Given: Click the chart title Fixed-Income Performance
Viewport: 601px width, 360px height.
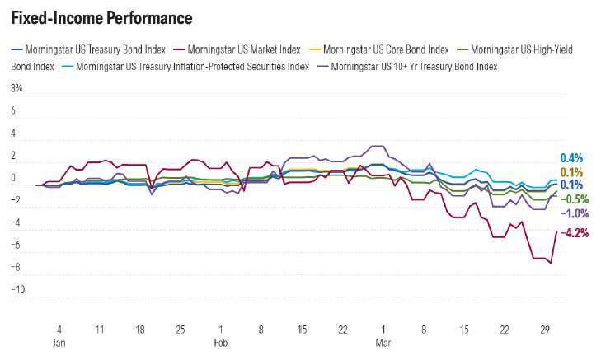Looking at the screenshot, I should tap(101, 17).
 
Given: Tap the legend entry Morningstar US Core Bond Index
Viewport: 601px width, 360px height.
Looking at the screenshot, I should tap(387, 49).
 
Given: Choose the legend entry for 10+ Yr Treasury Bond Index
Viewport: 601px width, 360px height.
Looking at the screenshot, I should tap(414, 66).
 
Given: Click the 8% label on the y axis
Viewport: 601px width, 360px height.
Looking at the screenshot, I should tap(16, 87).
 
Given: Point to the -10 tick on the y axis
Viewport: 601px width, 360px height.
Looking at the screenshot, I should tap(18, 290).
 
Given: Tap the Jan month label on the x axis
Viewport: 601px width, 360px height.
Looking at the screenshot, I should tap(60, 340).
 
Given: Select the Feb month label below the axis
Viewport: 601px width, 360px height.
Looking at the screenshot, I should tap(221, 340).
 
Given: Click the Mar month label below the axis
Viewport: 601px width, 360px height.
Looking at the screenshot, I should tap(383, 340).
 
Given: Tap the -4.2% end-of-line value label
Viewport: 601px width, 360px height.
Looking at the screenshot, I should tap(575, 233).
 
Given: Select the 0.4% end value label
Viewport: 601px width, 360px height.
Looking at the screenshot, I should tap(571, 157).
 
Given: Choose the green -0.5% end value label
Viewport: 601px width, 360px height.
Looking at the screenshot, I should tap(575, 199).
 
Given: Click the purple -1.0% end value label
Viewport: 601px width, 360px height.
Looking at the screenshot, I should tap(575, 213).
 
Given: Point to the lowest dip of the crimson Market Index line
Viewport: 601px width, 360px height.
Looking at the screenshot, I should tap(550, 263).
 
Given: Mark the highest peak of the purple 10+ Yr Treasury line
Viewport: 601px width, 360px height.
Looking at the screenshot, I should tap(375, 146).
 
